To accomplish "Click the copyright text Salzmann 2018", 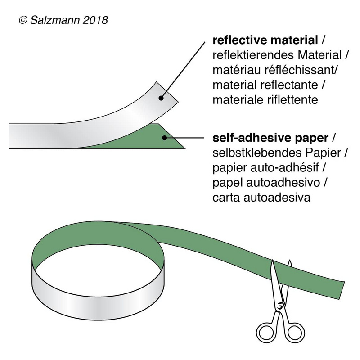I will tap(63, 20).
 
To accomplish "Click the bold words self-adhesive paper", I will tap(270, 137).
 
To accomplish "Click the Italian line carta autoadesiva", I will tap(261, 197).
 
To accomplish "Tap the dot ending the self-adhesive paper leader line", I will tap(166, 137).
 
